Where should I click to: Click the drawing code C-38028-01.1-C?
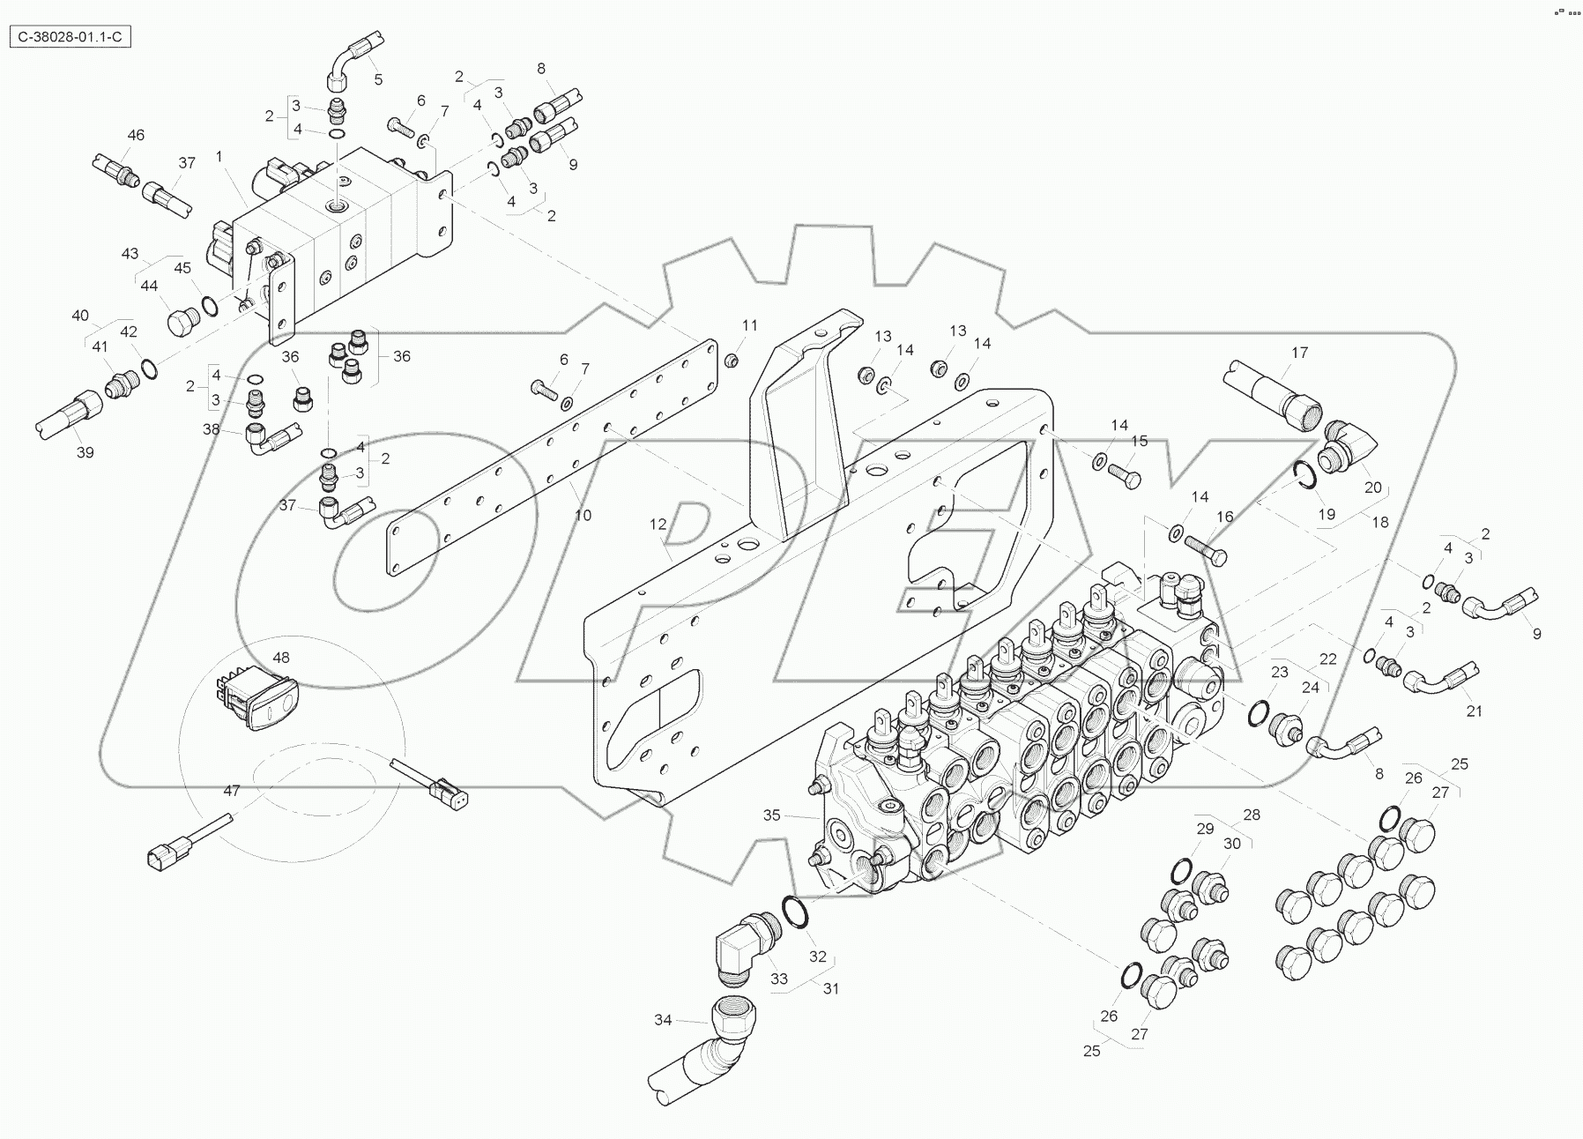tap(70, 38)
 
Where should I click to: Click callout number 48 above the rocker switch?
tap(280, 658)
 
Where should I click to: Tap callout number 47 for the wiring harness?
tap(231, 791)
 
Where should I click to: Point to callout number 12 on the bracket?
tap(658, 525)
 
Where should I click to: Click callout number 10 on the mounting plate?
tap(583, 515)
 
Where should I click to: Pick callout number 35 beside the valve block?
tap(771, 815)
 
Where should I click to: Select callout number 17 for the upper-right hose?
tap(1299, 353)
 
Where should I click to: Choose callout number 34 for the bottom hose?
tap(663, 1020)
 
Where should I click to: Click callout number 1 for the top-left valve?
tap(219, 156)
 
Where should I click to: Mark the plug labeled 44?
tap(182, 321)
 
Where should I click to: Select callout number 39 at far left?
tap(85, 452)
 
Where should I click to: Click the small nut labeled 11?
tap(731, 361)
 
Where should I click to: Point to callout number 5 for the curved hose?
tap(378, 79)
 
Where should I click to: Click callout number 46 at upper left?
tap(136, 135)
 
